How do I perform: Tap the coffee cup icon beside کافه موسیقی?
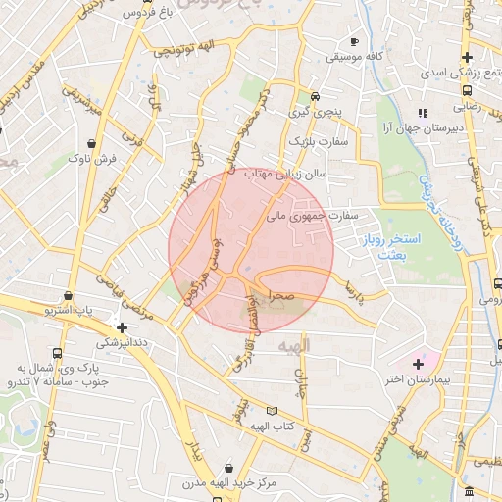(355, 42)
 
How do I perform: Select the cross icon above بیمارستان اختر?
(419, 364)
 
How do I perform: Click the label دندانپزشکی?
(123, 344)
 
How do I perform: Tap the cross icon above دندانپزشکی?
(122, 327)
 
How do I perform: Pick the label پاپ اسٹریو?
(69, 310)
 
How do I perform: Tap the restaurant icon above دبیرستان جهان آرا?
(423, 113)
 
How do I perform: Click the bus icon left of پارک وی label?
(57, 354)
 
